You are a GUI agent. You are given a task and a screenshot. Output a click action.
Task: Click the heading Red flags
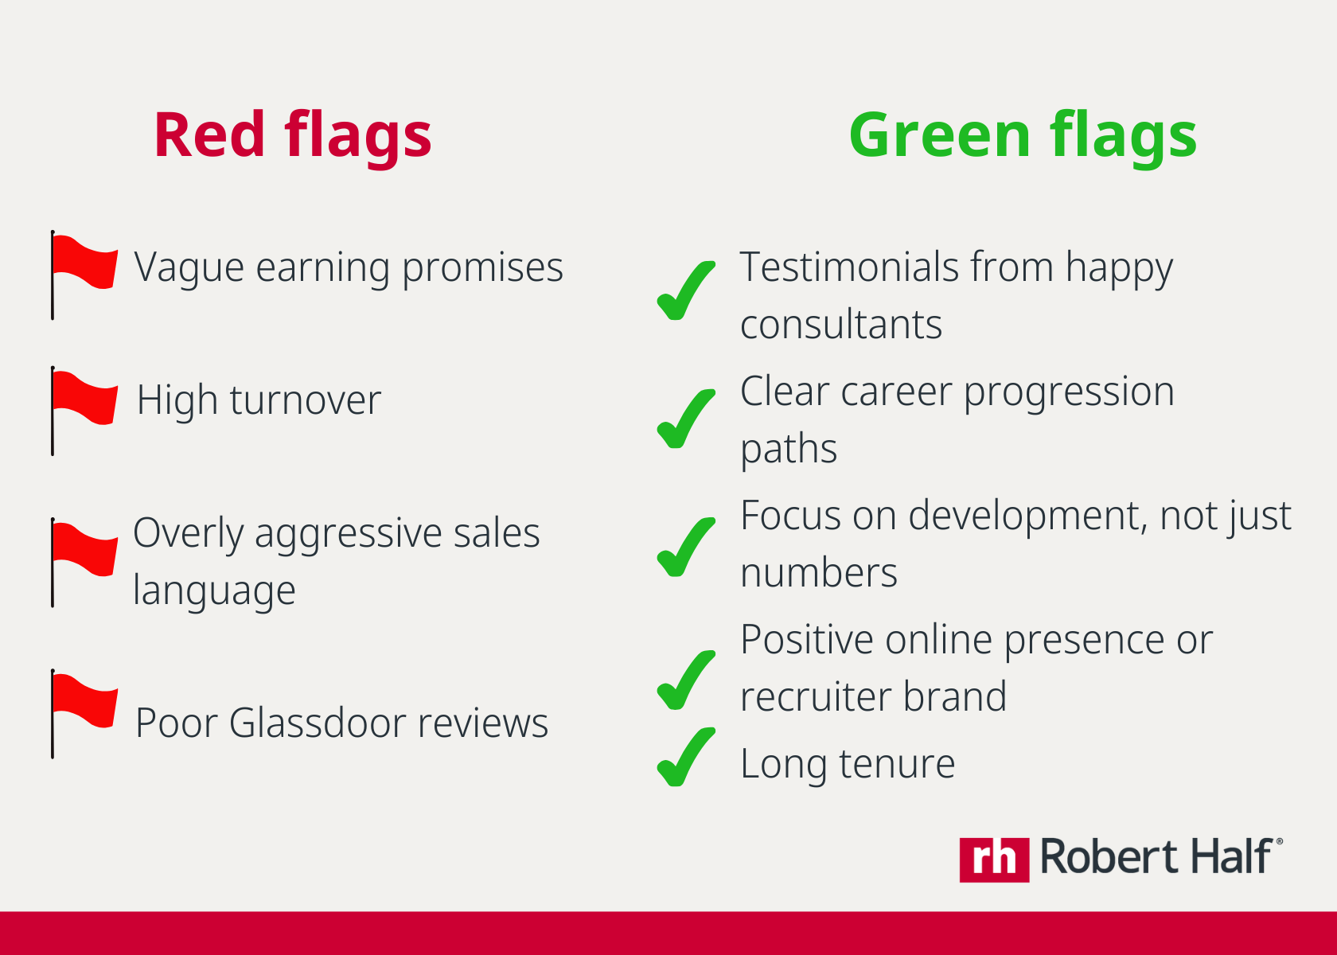tap(293, 136)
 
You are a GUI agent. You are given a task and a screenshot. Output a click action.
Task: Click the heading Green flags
tap(1023, 136)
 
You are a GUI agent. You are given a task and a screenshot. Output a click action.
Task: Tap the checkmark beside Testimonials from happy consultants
tap(685, 290)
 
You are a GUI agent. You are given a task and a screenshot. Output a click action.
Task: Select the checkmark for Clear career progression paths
tap(685, 419)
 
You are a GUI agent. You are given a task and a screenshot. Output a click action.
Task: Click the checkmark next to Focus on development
tap(685, 547)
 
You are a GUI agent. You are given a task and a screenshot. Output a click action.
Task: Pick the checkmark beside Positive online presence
tap(685, 680)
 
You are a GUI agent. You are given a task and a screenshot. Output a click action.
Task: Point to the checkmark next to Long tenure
tap(685, 757)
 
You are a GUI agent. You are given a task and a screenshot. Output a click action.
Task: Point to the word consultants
tap(841, 325)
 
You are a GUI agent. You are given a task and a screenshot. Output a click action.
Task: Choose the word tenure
tap(897, 764)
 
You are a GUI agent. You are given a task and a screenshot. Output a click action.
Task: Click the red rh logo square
tap(995, 860)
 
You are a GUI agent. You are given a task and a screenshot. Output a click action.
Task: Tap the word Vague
tap(189, 268)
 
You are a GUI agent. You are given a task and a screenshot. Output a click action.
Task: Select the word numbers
tap(819, 573)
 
